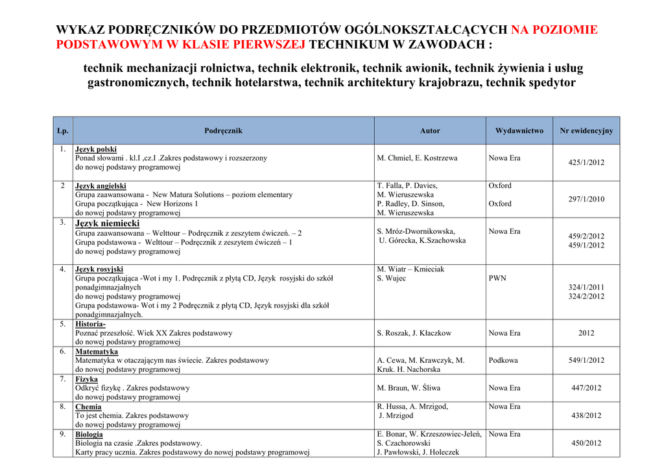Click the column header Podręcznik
tap(223, 131)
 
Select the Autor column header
tap(429, 131)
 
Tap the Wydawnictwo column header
tap(519, 131)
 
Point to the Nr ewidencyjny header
tap(586, 131)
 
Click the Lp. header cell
tap(63, 131)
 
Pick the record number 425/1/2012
tap(586, 163)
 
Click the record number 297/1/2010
tap(586, 199)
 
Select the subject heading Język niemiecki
tap(108, 223)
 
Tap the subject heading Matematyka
tap(97, 351)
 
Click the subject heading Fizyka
tap(87, 379)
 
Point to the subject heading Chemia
tap(88, 407)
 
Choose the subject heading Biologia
tap(89, 435)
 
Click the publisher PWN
tap(497, 279)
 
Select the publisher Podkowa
tap(503, 360)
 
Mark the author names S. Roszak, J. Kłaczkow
tap(414, 333)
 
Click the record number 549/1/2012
tap(586, 360)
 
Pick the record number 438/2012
tap(586, 416)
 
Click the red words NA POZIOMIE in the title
tap(554, 30)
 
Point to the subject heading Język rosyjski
tap(99, 269)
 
